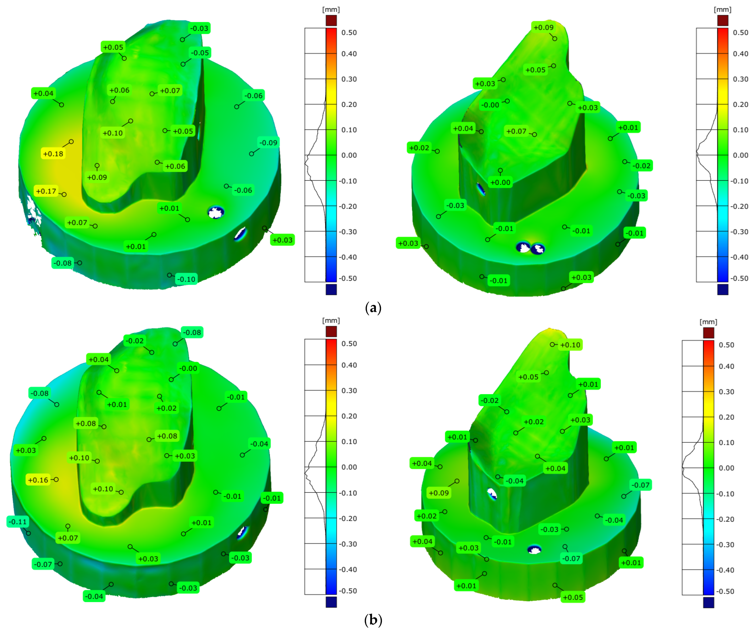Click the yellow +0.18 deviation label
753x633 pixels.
[53, 154]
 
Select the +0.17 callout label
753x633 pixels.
[46, 191]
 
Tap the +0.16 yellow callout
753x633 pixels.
[38, 480]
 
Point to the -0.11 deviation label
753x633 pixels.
[18, 521]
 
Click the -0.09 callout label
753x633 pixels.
[269, 142]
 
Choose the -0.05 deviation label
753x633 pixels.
[200, 53]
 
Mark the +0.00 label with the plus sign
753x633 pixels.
[500, 182]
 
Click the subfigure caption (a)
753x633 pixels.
[373, 308]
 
